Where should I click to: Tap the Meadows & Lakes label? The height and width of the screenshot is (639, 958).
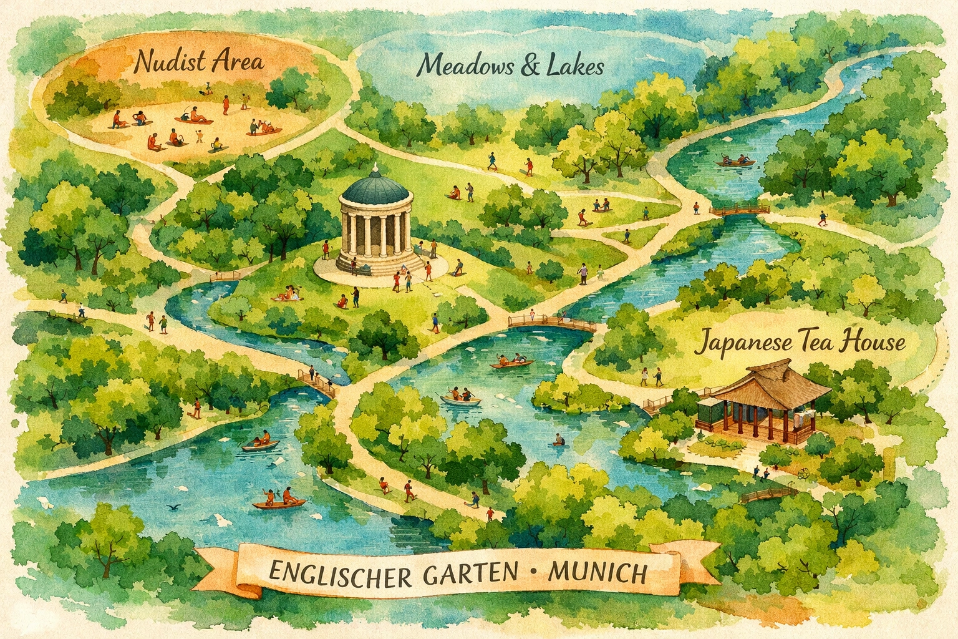coord(511,64)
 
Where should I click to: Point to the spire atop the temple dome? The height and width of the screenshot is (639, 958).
coord(376,167)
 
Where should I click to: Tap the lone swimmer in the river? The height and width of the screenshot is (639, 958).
coord(558,440)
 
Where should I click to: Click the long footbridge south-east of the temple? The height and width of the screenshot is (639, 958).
coord(551,323)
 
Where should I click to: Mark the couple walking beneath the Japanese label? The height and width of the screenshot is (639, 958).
coord(652,377)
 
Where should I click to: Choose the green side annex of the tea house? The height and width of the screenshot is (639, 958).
coord(709,411)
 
